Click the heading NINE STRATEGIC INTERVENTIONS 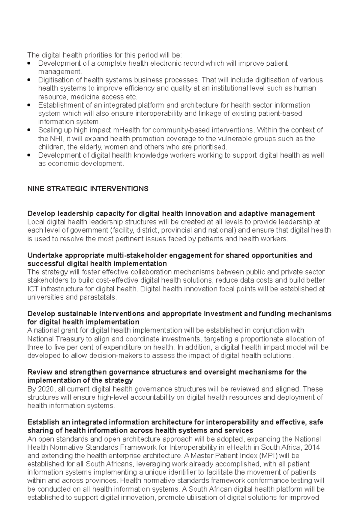(88, 189)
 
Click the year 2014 (312, 448)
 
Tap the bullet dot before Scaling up (29, 130)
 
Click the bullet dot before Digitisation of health (29, 80)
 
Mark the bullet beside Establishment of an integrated (29, 105)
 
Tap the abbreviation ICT (32, 289)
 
